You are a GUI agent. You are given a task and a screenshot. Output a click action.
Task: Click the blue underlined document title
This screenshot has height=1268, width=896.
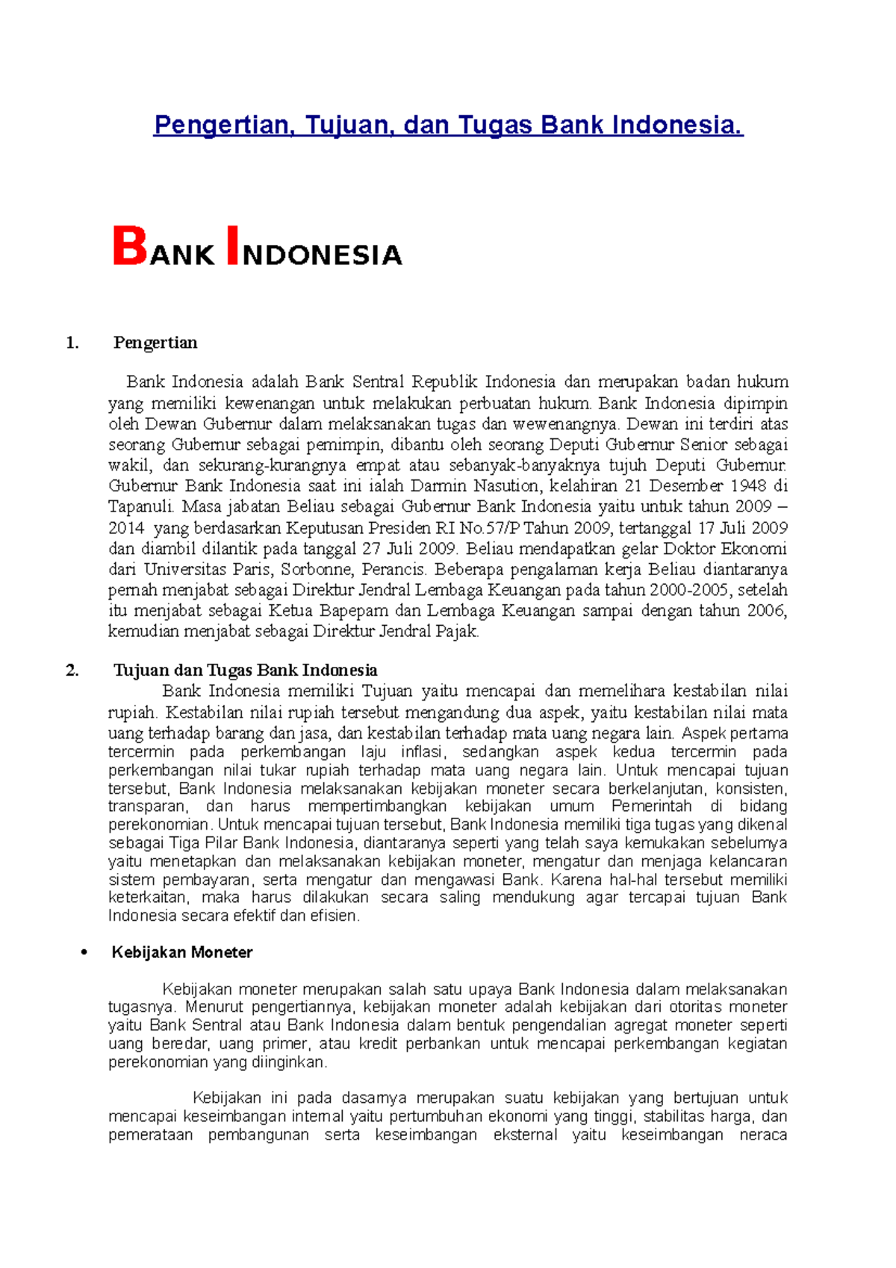(x=448, y=125)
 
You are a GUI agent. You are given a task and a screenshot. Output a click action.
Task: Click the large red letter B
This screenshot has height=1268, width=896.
(x=130, y=246)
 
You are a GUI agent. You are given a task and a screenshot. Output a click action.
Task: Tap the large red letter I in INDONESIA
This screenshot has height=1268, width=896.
(x=232, y=246)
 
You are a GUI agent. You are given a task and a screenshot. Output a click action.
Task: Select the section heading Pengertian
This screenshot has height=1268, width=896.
(x=155, y=343)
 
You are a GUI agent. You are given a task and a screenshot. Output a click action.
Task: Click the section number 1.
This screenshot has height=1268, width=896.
(x=72, y=344)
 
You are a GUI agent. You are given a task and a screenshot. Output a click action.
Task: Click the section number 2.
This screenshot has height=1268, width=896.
(x=72, y=671)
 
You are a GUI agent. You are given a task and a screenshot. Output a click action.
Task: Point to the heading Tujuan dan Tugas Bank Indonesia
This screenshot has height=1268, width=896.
(x=245, y=671)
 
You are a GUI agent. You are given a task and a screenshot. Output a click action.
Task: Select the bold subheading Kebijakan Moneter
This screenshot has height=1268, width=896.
(x=182, y=953)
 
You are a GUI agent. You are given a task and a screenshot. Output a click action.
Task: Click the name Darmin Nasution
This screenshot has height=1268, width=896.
(x=474, y=486)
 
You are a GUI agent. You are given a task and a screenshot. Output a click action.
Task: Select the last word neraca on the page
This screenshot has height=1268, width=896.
(x=762, y=1135)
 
